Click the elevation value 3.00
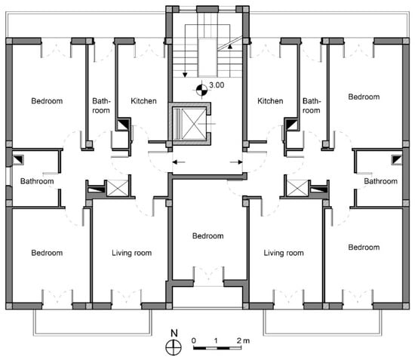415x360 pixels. click(x=217, y=85)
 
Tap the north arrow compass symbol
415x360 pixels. click(x=174, y=347)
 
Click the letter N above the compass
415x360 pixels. click(x=174, y=333)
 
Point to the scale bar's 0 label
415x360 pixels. click(x=194, y=340)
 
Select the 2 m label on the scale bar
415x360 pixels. click(x=243, y=340)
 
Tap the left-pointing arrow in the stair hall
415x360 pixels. click(x=179, y=162)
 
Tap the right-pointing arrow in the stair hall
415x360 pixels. click(x=236, y=162)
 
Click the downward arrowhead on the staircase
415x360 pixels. click(x=185, y=75)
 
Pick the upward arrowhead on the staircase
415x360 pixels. click(x=230, y=47)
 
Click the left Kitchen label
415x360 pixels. click(x=143, y=101)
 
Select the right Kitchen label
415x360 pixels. click(x=270, y=101)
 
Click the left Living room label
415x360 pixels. click(x=131, y=253)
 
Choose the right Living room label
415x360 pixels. click(x=284, y=253)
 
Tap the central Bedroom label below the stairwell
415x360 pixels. click(x=207, y=236)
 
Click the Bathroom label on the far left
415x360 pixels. click(x=37, y=181)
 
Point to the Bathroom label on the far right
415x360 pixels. click(x=380, y=181)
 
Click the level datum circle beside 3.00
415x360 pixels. click(x=201, y=90)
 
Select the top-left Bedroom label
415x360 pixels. click(x=47, y=101)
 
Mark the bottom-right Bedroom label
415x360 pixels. click(x=364, y=248)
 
